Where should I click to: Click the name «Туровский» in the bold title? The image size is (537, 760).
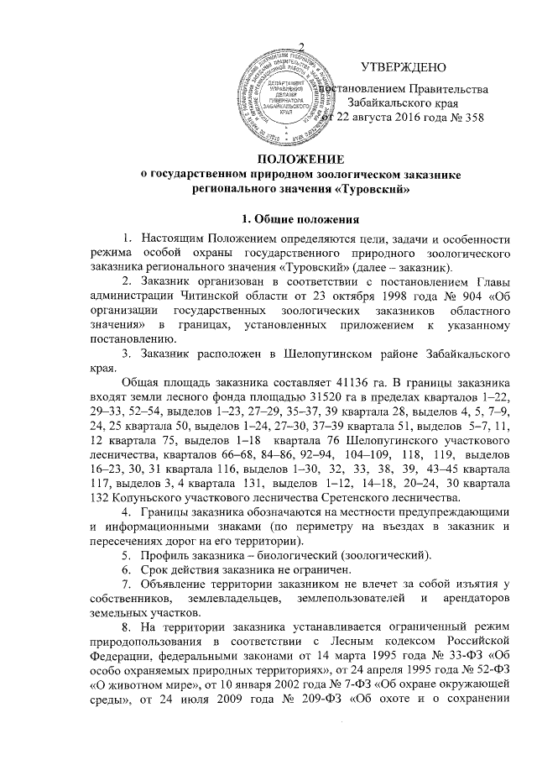[x=373, y=189]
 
